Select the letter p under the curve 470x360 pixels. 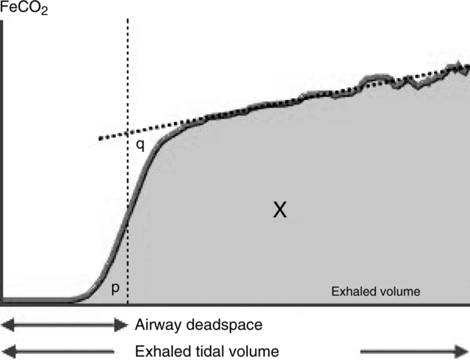tap(114, 287)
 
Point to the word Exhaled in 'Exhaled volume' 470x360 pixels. tap(351, 289)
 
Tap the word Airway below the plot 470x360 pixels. tap(156, 326)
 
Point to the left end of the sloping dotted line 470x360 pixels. tap(99, 139)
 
